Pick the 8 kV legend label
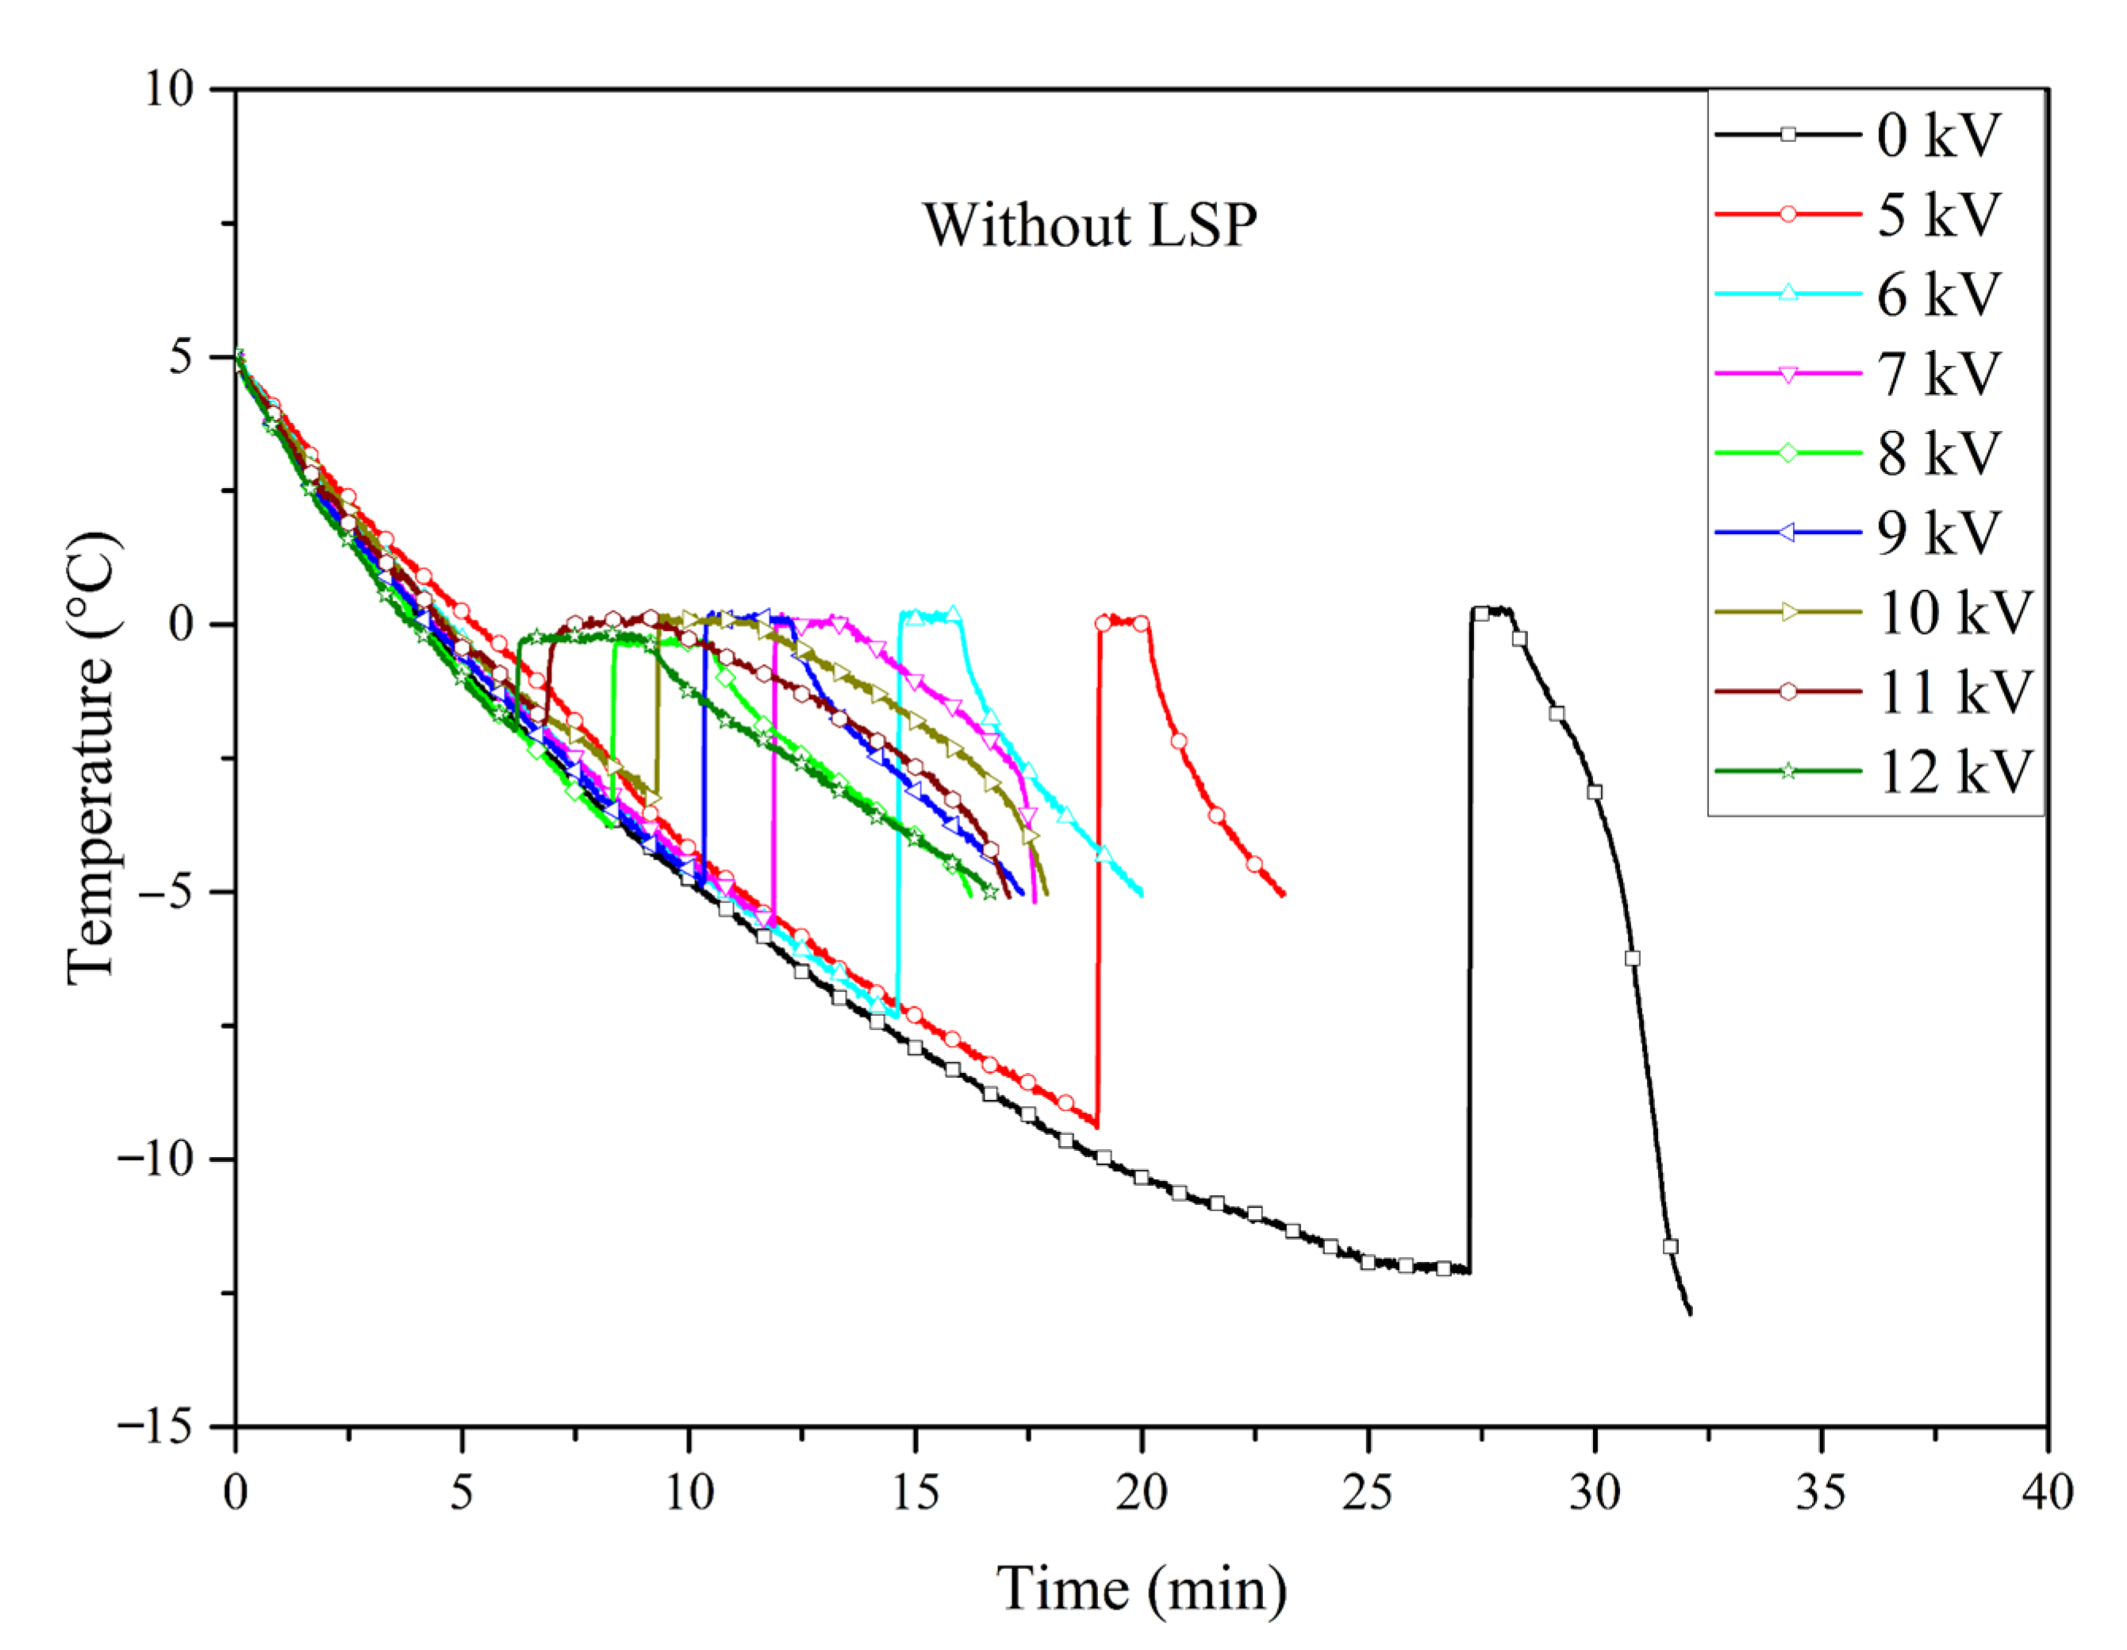[x=1938, y=453]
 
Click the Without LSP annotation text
[x=1090, y=225]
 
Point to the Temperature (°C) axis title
[x=93, y=757]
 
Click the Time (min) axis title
[x=1142, y=1589]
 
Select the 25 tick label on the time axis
[x=1368, y=1491]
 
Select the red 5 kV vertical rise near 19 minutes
[x=1099, y=877]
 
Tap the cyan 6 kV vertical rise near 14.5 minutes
[x=898, y=818]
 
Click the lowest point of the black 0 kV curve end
[x=1690, y=1313]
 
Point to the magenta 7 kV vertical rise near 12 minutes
[x=774, y=770]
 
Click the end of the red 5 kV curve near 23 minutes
[x=1283, y=893]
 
